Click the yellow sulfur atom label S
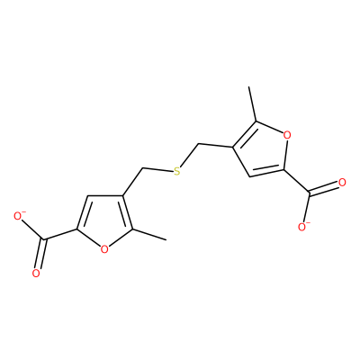click(x=177, y=171)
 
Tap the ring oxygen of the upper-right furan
click(x=287, y=135)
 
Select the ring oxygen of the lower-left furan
click(x=104, y=249)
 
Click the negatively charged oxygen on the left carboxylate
click(x=18, y=217)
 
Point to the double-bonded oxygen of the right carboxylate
click(x=342, y=183)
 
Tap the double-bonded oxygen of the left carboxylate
click(x=36, y=274)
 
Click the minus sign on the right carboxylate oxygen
click(x=309, y=223)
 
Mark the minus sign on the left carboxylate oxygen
click(x=23, y=212)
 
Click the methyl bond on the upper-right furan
click(x=252, y=103)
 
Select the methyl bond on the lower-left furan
click(x=149, y=235)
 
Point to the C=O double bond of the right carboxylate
click(x=325, y=188)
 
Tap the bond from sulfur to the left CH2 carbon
click(x=157, y=170)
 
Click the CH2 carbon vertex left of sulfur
click(x=140, y=168)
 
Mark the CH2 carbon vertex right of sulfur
click(x=199, y=144)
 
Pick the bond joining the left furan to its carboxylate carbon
click(x=60, y=235)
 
